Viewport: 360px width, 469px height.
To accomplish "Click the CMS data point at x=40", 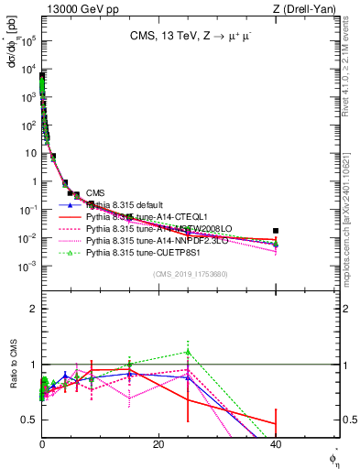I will click(275, 231).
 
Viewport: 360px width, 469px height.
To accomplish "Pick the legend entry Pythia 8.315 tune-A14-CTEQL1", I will click(143, 215).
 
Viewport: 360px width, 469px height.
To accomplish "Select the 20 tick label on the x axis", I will click(158, 444).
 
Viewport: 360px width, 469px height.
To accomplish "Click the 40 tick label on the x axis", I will click(275, 444).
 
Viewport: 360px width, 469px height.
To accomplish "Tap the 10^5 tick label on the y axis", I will click(27, 39).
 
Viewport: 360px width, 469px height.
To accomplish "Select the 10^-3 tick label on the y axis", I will click(27, 266).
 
